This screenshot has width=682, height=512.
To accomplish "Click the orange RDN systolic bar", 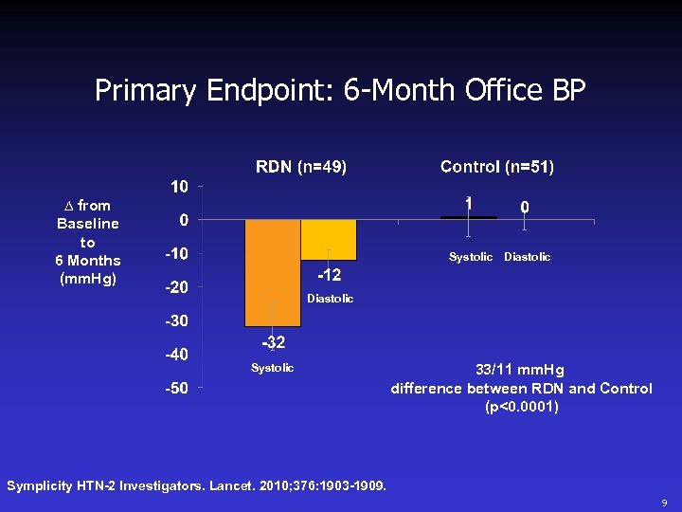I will (x=273, y=272).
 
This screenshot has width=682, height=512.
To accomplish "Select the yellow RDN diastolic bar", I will (x=329, y=240).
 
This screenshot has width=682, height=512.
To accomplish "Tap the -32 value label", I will (x=274, y=342).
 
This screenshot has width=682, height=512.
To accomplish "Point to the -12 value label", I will (x=329, y=275).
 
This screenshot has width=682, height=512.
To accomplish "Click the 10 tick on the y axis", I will (x=179, y=187).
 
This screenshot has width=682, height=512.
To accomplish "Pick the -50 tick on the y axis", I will (x=176, y=388).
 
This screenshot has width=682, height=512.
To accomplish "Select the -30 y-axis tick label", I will (x=176, y=321).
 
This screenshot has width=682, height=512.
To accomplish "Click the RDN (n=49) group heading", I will (x=301, y=167).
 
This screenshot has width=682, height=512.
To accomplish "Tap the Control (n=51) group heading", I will (x=497, y=167).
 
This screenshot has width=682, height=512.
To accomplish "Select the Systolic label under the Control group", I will (x=471, y=257).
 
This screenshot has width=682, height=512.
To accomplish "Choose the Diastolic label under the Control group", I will (x=527, y=257).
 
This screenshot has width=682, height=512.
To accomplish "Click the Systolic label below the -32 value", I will (x=272, y=368).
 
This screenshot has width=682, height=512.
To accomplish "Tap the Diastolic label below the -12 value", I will (x=330, y=299).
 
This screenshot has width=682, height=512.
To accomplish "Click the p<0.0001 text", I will (x=521, y=408).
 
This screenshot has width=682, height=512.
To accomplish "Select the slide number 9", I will (x=664, y=502).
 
